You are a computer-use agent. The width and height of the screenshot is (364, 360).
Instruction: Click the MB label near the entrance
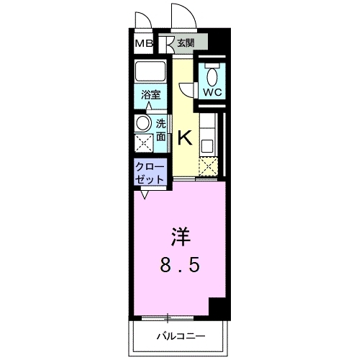[143, 44]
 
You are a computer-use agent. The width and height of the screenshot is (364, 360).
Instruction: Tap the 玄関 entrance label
[186, 43]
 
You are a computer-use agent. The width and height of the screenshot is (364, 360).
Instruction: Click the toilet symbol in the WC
[211, 75]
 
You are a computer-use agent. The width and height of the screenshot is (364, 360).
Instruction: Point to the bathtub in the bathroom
[150, 73]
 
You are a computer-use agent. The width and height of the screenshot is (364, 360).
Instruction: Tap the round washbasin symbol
[144, 123]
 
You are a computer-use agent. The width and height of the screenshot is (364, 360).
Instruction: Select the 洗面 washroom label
[161, 130]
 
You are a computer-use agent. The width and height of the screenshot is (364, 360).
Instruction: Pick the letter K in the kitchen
[184, 137]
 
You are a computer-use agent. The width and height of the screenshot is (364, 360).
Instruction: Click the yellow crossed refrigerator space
[209, 166]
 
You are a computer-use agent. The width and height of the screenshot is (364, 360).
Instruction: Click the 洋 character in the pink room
[179, 236]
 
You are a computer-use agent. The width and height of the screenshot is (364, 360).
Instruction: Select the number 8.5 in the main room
[179, 264]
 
